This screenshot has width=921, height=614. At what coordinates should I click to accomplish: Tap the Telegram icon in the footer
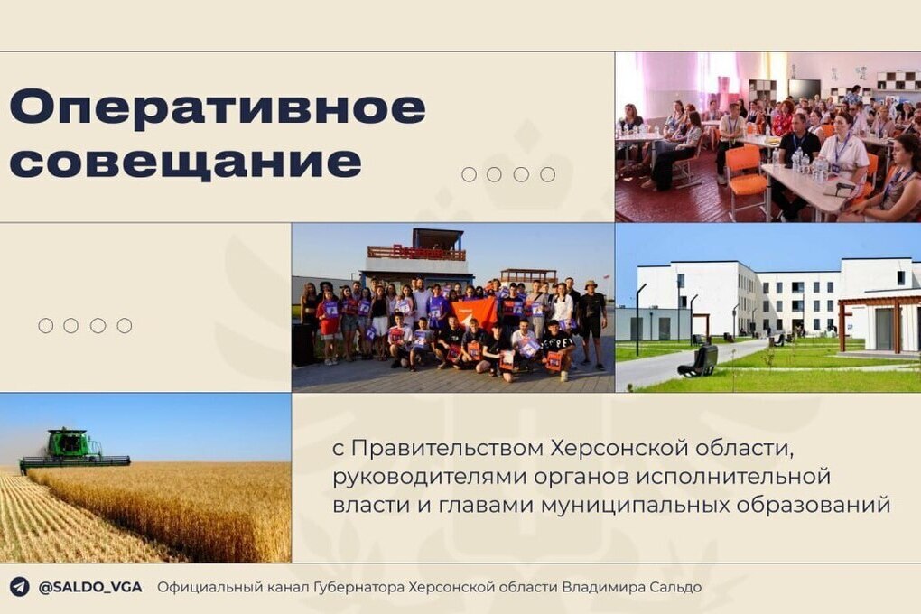pos(19,587)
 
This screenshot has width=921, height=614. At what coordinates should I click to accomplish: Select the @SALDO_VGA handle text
pos(90,587)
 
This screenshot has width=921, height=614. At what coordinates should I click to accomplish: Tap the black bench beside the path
pos(698,360)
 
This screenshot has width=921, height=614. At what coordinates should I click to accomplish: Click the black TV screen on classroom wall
pos(805,88)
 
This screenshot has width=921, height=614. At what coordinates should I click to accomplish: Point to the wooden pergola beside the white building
pos(879,323)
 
